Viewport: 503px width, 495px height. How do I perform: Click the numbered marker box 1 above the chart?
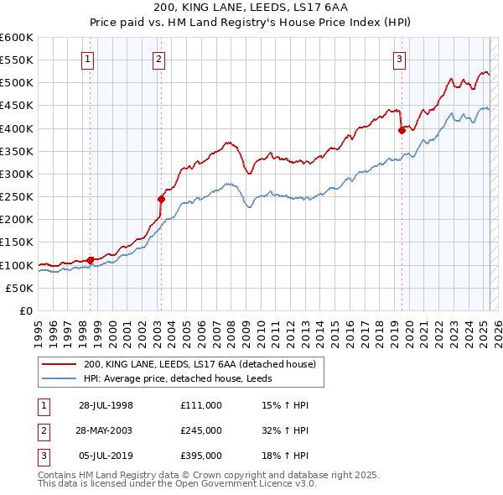88,59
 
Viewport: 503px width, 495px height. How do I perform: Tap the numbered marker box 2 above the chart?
158,59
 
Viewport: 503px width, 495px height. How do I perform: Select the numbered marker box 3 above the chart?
400,59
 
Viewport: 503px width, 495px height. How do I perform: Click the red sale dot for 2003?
161,199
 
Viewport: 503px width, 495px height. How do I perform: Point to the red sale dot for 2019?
402,130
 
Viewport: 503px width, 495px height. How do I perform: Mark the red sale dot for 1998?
90,260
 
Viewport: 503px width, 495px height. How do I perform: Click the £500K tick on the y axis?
17,83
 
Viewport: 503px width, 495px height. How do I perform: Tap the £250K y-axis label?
17,197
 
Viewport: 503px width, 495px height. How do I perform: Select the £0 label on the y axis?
25,311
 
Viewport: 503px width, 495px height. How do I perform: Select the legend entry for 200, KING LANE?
199,364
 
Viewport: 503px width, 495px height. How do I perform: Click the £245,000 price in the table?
200,430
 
